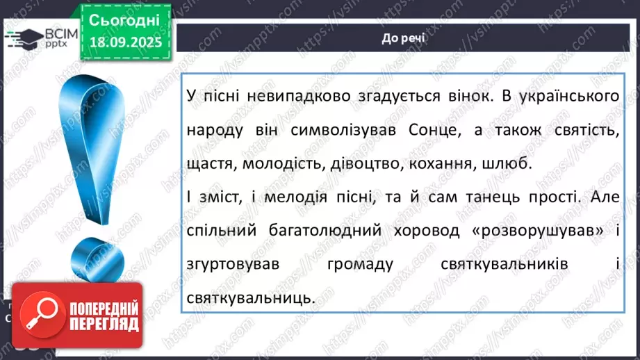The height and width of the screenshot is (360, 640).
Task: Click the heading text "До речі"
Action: (x=404, y=38)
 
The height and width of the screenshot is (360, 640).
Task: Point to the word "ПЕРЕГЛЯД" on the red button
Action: (x=103, y=323)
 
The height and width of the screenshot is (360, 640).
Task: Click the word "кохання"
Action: (x=457, y=163)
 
